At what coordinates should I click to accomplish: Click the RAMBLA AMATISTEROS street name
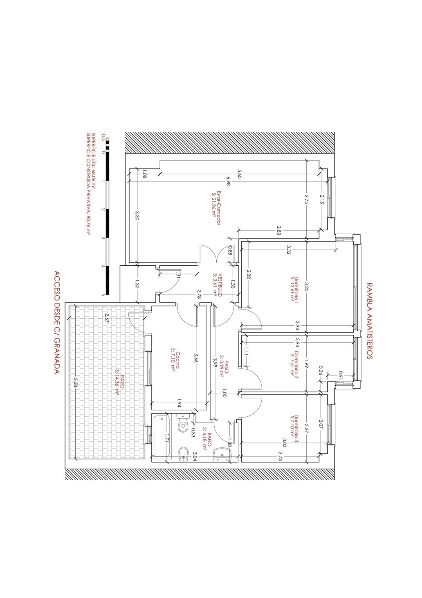pyautogui.click(x=369, y=321)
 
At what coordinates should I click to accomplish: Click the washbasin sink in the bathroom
pyautogui.click(x=222, y=455)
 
